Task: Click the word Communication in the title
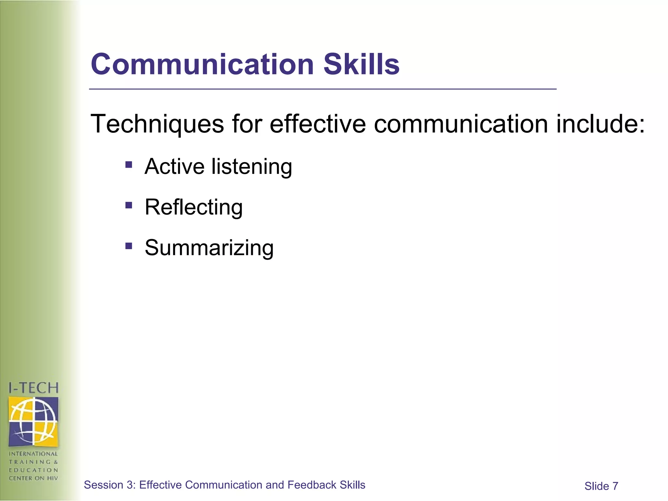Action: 202,64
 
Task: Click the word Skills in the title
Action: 361,64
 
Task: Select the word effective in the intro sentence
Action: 318,124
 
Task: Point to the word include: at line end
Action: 600,124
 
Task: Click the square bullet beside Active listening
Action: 129,164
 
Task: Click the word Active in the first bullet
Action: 175,166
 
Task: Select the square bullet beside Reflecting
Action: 129,205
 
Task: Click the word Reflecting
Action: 194,207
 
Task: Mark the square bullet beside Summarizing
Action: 129,246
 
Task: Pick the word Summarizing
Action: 209,248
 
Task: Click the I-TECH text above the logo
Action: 33,388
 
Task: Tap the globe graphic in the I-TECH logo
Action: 33,421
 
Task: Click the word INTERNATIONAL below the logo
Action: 33,454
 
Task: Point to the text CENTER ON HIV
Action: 33,478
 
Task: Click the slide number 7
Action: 615,486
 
